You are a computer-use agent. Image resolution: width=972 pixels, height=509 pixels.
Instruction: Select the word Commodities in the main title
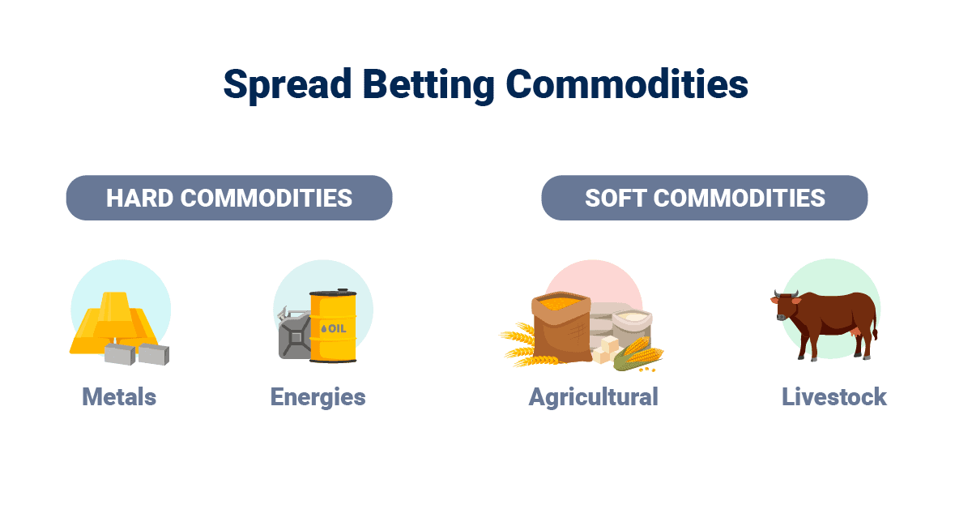pos(627,83)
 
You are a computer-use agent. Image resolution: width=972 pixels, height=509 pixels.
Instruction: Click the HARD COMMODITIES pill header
pos(229,198)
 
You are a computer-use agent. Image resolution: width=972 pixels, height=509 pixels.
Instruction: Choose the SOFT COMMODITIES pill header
pos(705,198)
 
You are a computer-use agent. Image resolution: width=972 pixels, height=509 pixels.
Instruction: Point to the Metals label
pos(119,397)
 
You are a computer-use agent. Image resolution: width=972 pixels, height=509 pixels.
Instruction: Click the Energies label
pos(318,398)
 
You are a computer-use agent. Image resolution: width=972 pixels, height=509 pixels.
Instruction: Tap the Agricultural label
pos(593,398)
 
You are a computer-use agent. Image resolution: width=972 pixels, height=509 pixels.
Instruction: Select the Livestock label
pos(834,397)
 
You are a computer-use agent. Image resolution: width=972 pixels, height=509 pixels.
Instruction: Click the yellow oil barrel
pos(333,326)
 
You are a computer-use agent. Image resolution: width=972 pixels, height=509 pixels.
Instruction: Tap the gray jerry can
pos(294,334)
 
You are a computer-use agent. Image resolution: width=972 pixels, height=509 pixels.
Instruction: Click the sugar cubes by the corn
pos(605,350)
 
